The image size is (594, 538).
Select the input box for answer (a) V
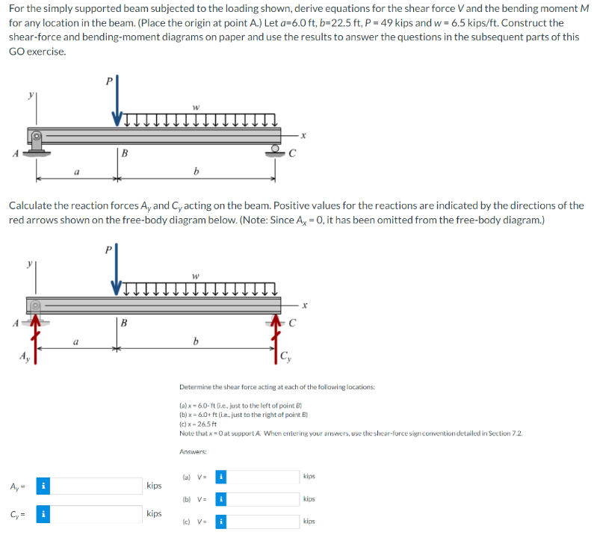262,476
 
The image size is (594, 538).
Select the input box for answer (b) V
262,498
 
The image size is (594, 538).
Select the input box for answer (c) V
262,521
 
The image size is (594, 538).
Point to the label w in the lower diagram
196,276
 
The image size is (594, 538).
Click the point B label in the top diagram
125,154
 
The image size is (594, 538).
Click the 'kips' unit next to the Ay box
154,486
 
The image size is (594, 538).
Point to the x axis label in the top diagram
303,135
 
